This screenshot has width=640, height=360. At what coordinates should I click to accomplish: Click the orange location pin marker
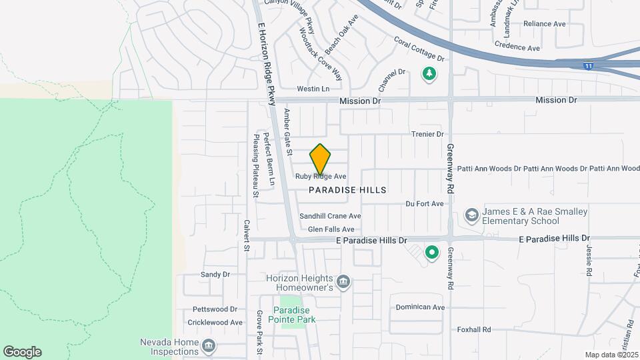[x=320, y=159]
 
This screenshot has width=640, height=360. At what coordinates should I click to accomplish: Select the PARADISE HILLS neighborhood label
[x=347, y=190]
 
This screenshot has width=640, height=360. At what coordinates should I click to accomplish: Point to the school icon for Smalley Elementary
[x=472, y=215]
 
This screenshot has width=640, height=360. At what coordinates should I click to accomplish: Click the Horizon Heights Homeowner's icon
[x=343, y=282]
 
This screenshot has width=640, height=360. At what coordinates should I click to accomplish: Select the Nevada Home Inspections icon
[x=209, y=345]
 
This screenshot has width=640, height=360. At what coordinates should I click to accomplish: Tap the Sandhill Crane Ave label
[x=330, y=216]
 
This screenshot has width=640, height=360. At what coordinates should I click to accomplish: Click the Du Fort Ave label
[x=424, y=203]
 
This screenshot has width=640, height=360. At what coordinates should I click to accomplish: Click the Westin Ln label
[x=313, y=89]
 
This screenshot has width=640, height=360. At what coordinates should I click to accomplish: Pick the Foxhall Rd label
[x=474, y=329]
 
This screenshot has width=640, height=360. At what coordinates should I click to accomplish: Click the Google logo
[x=22, y=352]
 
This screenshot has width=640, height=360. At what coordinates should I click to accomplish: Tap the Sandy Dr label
[x=215, y=274]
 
